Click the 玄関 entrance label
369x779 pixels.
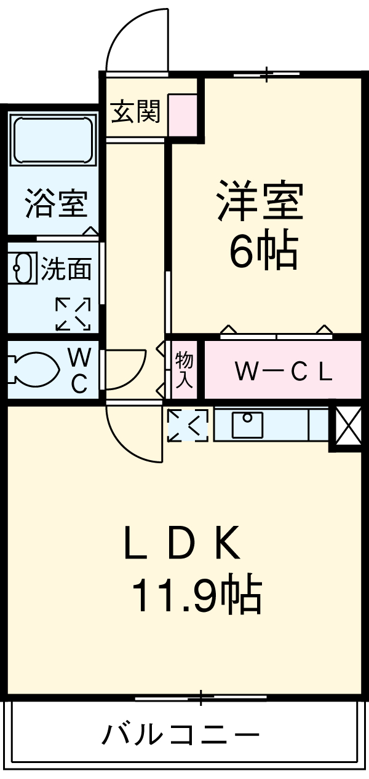135,112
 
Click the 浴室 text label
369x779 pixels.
56,204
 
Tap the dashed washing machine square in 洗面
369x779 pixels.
73,314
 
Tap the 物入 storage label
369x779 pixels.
184,370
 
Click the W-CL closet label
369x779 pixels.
284,370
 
